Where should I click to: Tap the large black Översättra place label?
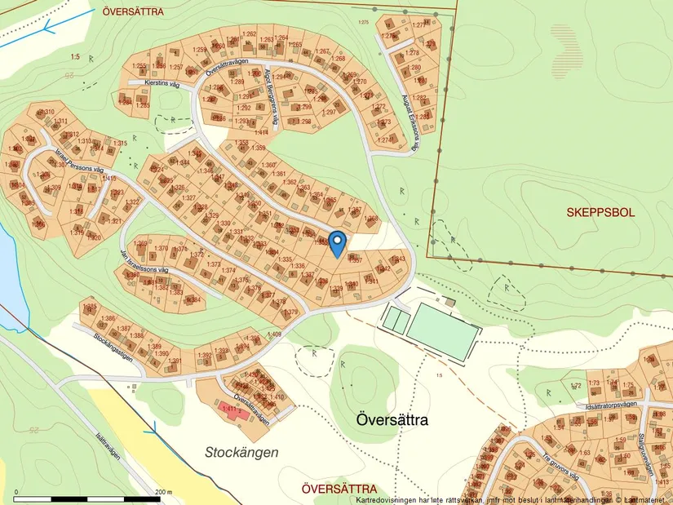392,419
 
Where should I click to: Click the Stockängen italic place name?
241,451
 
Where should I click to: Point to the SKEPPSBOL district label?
600,212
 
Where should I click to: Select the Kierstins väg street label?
162,82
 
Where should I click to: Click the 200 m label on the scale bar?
164,492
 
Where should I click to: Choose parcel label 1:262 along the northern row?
250,33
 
